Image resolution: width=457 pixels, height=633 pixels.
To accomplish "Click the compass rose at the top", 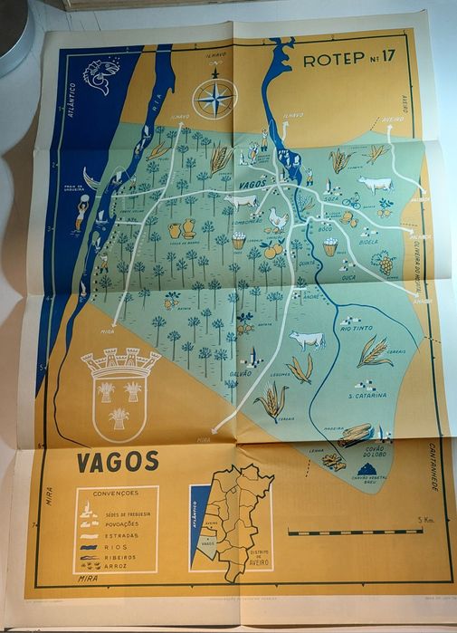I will click(x=215, y=99).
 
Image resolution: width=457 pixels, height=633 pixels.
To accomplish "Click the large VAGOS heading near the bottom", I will click(x=118, y=462).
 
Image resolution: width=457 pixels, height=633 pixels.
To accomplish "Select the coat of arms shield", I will click(x=120, y=395).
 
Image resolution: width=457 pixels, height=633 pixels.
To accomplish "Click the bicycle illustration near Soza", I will click(x=352, y=201).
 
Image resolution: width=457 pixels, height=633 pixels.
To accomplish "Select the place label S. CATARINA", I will click(x=367, y=396).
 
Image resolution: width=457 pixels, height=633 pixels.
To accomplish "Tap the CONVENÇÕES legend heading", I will click(x=114, y=494).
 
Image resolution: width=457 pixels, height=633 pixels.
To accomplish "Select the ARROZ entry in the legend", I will click(x=117, y=565).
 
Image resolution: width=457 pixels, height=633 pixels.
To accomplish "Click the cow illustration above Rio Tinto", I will click(x=307, y=340).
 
